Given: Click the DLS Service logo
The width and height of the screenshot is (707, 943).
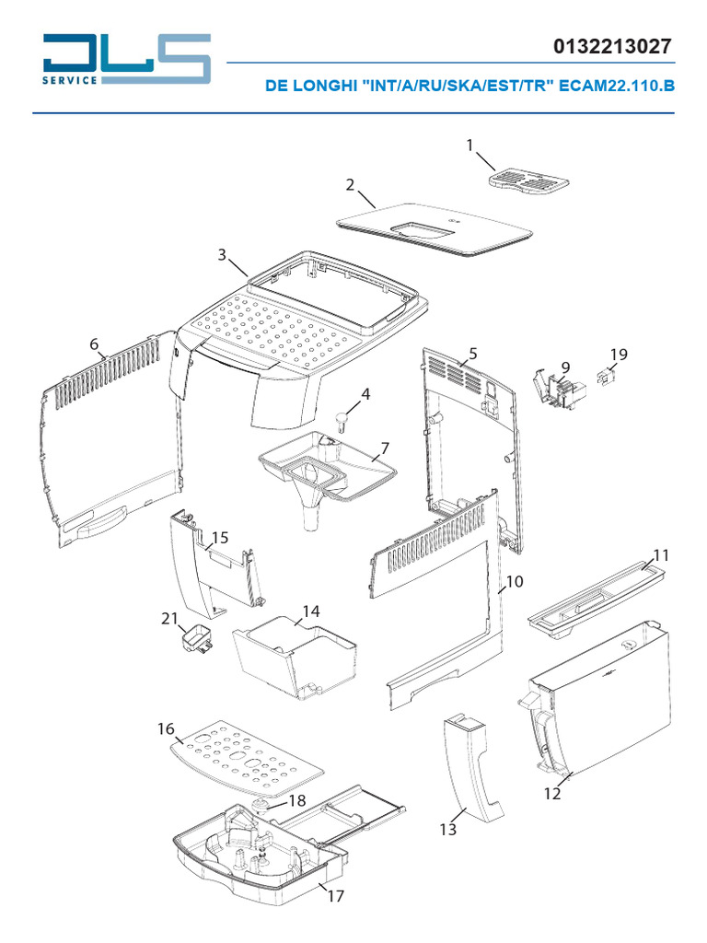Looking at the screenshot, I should (127, 61).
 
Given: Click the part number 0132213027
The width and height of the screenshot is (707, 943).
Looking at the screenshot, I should (613, 47).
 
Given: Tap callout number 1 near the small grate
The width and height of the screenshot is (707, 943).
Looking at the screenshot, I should (470, 146).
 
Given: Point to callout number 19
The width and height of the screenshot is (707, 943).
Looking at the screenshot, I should (619, 355).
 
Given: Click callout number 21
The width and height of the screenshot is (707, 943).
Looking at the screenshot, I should (168, 619).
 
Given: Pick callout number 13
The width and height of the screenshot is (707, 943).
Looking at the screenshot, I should (447, 830).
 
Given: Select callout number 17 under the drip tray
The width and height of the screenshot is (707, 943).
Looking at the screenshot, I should (335, 895).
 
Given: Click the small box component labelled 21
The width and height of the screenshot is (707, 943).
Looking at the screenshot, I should (195, 640).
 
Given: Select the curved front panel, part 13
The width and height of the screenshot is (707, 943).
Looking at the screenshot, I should (477, 770).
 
